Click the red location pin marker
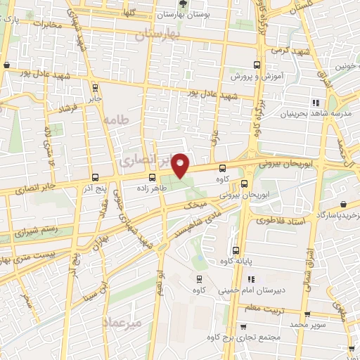pos(181,166)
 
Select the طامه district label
pos(117,120)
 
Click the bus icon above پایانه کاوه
pos(235,251)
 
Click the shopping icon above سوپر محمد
pos(307,314)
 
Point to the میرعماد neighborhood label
pos(122,323)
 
